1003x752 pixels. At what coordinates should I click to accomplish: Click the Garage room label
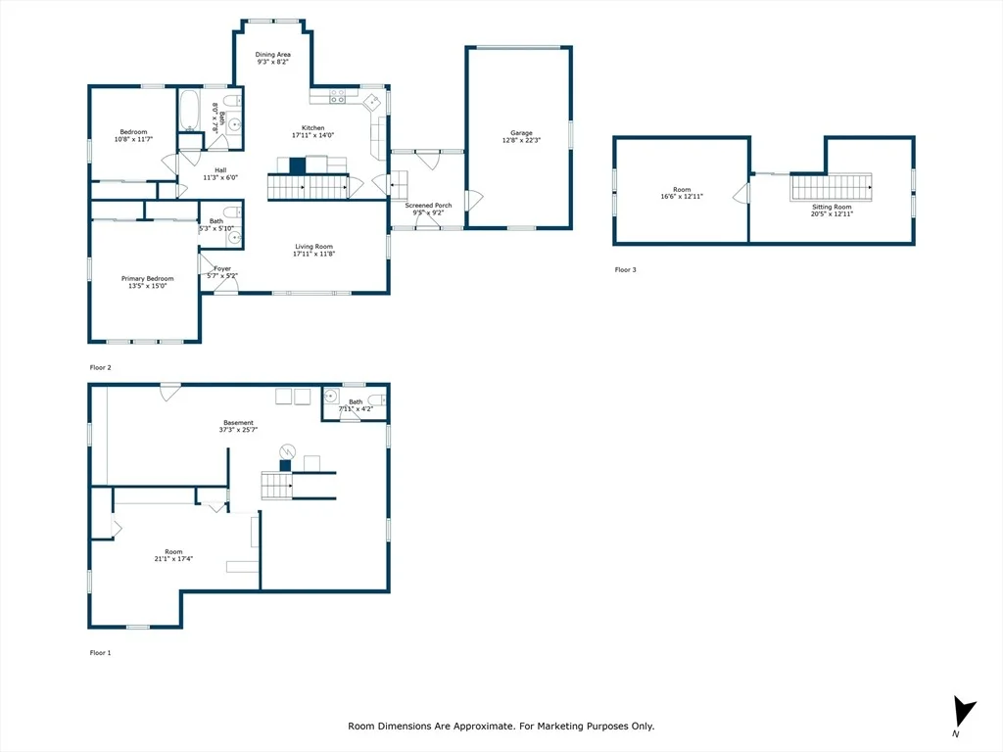[521, 133]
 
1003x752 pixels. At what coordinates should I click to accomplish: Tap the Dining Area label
[273, 55]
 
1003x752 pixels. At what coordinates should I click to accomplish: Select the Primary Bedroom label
[148, 279]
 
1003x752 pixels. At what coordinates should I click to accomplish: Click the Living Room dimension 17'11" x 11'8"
[314, 254]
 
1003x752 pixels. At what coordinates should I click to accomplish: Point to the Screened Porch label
[429, 206]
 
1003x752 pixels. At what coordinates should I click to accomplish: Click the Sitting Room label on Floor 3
[832, 208]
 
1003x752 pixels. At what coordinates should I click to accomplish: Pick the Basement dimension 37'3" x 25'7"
[239, 430]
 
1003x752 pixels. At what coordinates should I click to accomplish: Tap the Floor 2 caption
[101, 368]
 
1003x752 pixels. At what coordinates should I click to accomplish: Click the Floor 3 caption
[626, 270]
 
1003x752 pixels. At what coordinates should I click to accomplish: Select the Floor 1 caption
[101, 653]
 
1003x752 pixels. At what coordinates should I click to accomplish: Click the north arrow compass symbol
[964, 711]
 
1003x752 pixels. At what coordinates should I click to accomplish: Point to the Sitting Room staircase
[831, 187]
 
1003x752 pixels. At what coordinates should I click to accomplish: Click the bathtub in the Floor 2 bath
[189, 110]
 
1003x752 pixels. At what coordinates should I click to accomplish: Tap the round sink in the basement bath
[331, 397]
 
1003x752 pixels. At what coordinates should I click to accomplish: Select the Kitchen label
[313, 128]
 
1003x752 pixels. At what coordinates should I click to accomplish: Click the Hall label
[220, 170]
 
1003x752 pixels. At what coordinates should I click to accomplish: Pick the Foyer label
[222, 268]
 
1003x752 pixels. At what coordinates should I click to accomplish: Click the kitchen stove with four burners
[338, 97]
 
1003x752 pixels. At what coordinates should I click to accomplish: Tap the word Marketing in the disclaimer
[559, 727]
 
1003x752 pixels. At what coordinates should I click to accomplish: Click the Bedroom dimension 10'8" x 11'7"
[133, 139]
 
